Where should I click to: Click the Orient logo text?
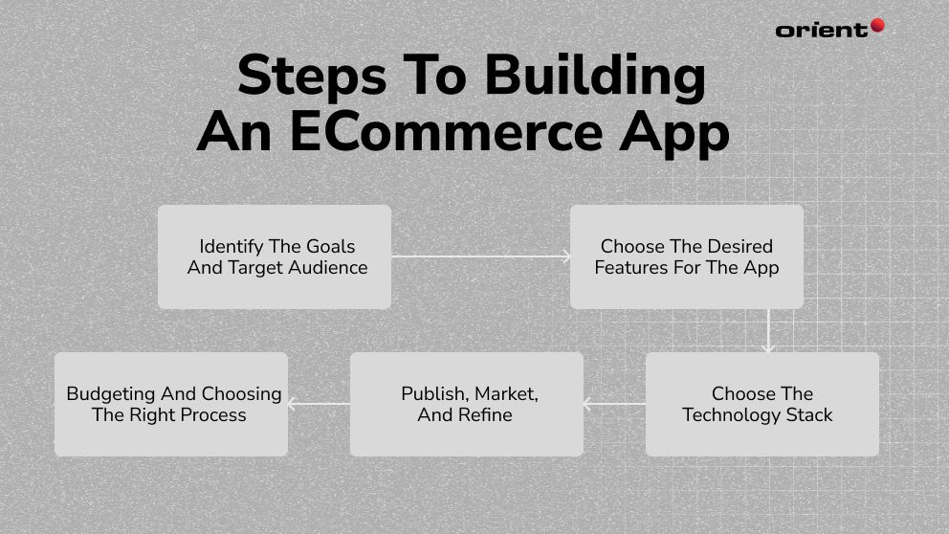(x=821, y=30)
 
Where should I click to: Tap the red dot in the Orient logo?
(x=876, y=26)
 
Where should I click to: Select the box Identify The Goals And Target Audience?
(x=275, y=256)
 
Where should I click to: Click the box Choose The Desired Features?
(x=686, y=256)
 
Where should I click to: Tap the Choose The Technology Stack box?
(x=761, y=404)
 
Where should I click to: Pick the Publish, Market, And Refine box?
(x=466, y=404)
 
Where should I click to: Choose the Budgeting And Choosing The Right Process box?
(x=170, y=404)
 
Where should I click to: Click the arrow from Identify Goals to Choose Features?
(x=480, y=256)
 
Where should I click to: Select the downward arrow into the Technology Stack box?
(x=767, y=331)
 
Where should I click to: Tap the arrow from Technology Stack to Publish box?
(x=614, y=404)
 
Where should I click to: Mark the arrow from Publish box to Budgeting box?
(x=319, y=404)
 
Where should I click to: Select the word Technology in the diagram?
(x=731, y=415)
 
